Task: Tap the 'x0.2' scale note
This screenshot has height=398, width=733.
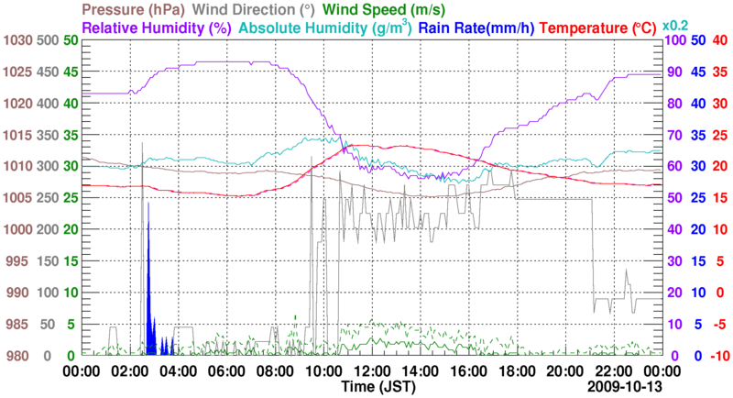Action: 677,26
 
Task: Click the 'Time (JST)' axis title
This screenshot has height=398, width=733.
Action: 371,387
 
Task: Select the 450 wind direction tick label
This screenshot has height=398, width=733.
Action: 49,72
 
